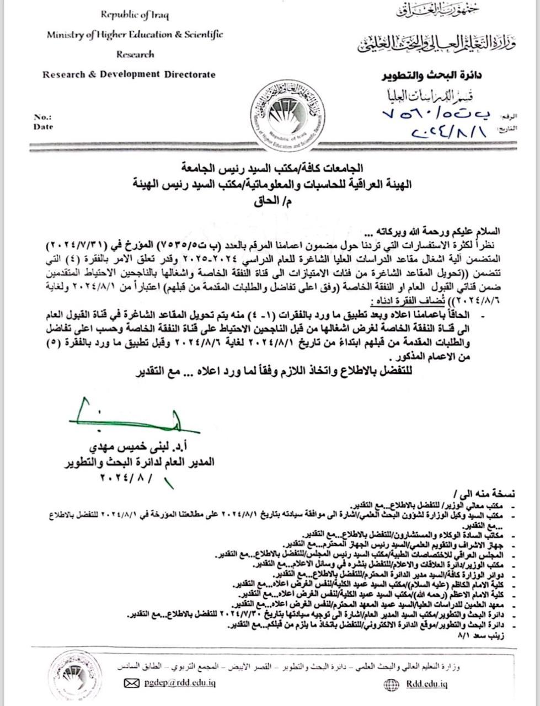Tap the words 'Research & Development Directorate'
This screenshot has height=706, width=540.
pos(129,74)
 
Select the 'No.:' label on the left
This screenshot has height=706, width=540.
pos(42,117)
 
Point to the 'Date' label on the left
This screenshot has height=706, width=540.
pos(43,127)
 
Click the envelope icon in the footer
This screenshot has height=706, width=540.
pos(131,683)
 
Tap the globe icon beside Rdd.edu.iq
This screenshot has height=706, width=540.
pos(391,684)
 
